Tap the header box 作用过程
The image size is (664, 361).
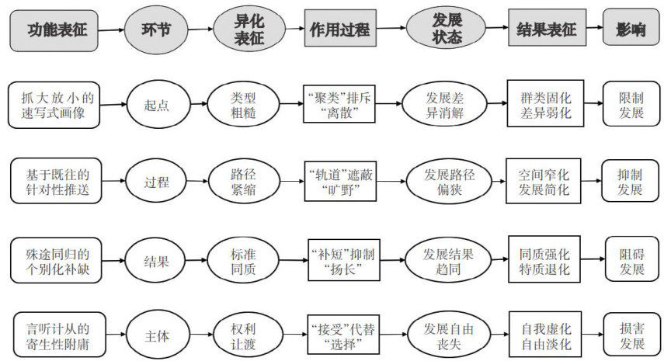339,30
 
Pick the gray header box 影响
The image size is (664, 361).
630,30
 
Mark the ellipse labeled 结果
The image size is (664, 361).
157,262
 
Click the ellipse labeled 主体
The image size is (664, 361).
157,335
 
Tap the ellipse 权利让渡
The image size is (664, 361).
243,335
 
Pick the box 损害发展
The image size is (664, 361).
631,335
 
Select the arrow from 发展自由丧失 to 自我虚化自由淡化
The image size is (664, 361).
502,335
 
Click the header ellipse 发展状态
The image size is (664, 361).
439,30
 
